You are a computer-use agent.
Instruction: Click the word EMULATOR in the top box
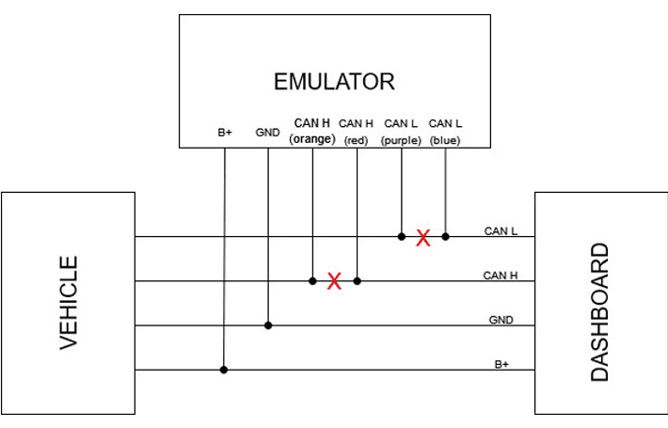click(x=334, y=82)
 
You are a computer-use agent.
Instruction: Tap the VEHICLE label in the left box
click(x=69, y=303)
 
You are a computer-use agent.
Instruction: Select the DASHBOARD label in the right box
click(x=599, y=312)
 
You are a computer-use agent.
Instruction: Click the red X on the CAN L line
click(x=423, y=238)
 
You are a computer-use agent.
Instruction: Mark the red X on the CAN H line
click(x=334, y=280)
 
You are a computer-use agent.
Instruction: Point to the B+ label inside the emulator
click(x=225, y=134)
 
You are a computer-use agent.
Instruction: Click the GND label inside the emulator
click(x=267, y=134)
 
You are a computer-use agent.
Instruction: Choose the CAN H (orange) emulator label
click(x=312, y=131)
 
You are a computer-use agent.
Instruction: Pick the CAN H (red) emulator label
click(x=357, y=131)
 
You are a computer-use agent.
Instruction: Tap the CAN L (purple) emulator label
click(x=401, y=131)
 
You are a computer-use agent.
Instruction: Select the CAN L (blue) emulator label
click(x=445, y=131)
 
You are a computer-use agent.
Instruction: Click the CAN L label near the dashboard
click(x=501, y=231)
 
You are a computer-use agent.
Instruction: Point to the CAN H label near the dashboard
click(x=501, y=276)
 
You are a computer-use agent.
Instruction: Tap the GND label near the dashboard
click(x=501, y=320)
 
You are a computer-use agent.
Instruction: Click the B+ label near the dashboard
click(x=501, y=364)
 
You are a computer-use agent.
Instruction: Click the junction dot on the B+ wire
click(x=224, y=370)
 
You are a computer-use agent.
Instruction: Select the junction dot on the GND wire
click(x=268, y=325)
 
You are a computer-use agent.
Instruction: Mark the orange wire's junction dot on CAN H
click(x=312, y=280)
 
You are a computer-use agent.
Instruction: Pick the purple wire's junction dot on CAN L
click(x=402, y=236)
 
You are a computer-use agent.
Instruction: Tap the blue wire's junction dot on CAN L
click(x=445, y=236)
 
